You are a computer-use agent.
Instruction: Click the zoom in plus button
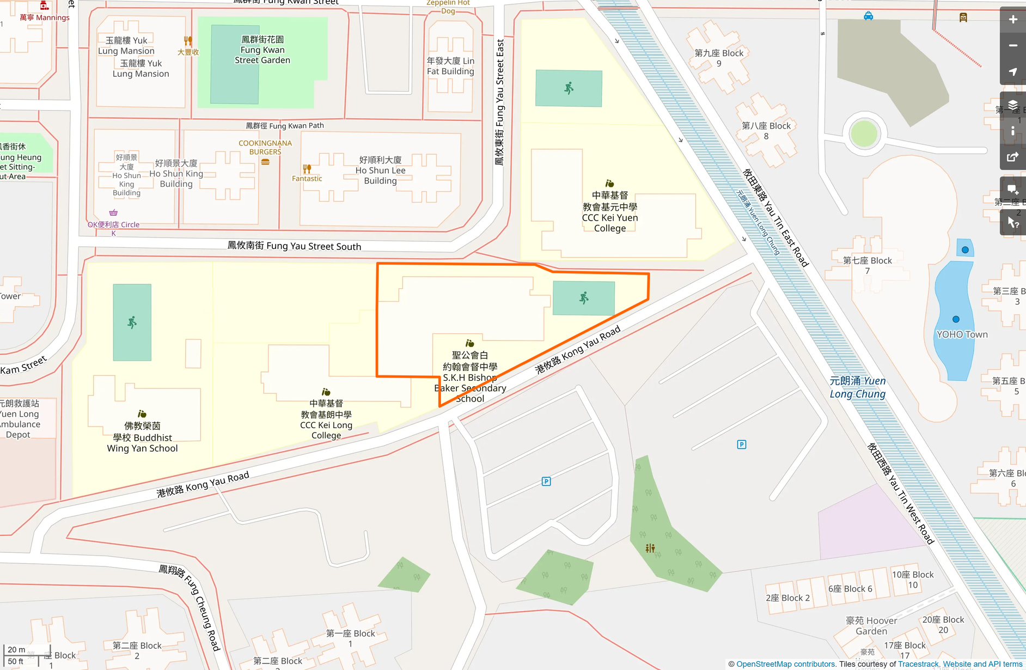[1012, 20]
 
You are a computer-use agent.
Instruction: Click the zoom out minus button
[1012, 46]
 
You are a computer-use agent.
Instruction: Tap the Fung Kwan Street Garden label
[262, 50]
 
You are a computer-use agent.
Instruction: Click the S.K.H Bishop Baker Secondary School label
[469, 377]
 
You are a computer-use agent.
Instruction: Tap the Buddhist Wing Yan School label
[142, 437]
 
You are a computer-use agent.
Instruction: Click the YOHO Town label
[962, 334]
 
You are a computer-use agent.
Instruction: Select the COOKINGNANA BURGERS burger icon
[265, 162]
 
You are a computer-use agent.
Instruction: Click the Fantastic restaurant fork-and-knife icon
[307, 169]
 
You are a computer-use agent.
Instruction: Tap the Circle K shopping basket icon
[113, 213]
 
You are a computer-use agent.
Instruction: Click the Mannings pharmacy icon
[44, 6]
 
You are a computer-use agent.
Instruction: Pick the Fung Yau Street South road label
[294, 246]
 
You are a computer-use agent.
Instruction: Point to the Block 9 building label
[719, 58]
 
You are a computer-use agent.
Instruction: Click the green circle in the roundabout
[864, 133]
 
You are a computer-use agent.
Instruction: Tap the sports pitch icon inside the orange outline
[584, 298]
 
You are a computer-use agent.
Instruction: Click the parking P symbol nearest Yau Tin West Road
[741, 444]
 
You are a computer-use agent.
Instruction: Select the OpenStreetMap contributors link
[785, 664]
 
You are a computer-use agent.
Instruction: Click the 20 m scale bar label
[16, 649]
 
